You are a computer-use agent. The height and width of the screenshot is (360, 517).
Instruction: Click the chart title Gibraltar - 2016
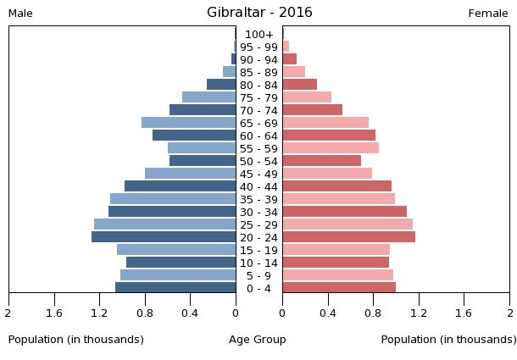click(x=259, y=12)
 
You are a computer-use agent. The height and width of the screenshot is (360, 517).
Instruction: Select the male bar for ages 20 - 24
click(x=164, y=237)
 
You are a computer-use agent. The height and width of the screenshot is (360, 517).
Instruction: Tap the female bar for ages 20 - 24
click(x=348, y=237)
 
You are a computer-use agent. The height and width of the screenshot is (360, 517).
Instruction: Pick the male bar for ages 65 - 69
click(x=188, y=123)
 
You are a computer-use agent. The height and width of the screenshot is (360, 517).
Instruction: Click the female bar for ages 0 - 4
click(x=339, y=288)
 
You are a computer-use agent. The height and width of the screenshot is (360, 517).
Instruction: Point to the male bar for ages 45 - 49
click(x=190, y=174)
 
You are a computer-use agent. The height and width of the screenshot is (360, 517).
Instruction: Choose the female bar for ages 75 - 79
click(x=307, y=97)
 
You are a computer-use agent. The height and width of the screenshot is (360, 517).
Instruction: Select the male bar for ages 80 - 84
click(x=221, y=85)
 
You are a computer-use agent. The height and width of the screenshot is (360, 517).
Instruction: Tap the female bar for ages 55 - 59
click(x=331, y=148)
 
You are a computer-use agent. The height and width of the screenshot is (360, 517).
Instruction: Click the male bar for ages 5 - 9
click(x=178, y=275)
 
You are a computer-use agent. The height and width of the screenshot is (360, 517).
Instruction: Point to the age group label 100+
click(x=259, y=35)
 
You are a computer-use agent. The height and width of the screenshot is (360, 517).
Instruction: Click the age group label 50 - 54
click(x=259, y=161)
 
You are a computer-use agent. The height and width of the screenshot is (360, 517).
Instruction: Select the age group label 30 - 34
click(x=259, y=212)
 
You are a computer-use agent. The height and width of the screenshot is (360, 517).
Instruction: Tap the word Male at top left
click(x=20, y=14)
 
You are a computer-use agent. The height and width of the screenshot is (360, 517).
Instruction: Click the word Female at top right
click(x=488, y=14)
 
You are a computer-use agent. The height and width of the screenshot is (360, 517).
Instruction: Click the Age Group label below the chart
click(x=258, y=340)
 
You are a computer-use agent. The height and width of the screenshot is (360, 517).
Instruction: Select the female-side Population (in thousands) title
click(x=448, y=340)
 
